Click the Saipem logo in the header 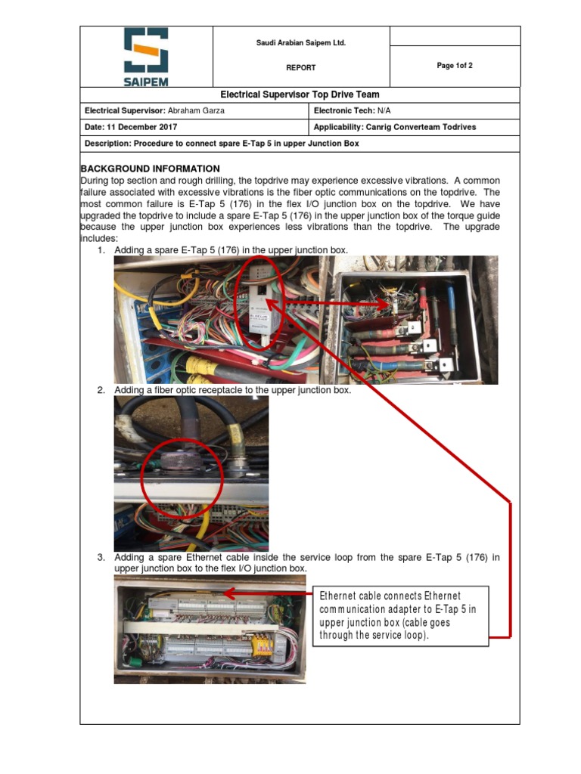(146, 57)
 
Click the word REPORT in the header (300, 68)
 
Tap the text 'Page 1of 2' (455, 66)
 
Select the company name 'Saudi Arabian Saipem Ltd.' (300, 43)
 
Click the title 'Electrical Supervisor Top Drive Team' (300, 95)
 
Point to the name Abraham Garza (197, 111)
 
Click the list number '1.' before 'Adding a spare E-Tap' (101, 250)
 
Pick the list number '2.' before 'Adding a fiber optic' (101, 390)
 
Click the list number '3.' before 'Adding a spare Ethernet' (101, 558)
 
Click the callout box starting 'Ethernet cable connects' (398, 615)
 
